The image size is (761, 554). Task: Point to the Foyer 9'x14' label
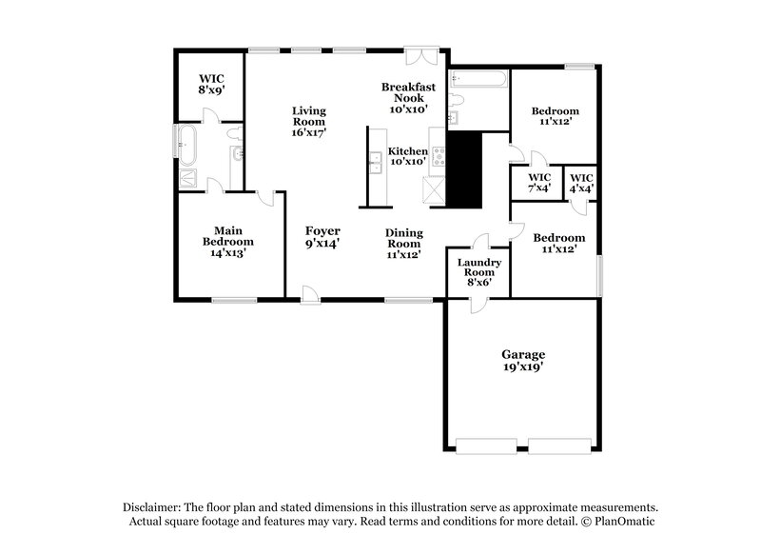[x=322, y=237]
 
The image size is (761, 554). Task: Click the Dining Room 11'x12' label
[x=404, y=245]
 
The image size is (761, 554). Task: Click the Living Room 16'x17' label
[x=308, y=122]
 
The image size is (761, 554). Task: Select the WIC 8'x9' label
[x=211, y=83]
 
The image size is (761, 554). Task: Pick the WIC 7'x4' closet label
[x=539, y=183]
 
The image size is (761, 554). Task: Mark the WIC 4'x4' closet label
[x=581, y=183]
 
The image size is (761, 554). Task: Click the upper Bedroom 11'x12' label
[x=556, y=117]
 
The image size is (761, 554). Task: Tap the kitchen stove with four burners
[x=439, y=156]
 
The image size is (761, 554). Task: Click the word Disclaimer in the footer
[x=155, y=507]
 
